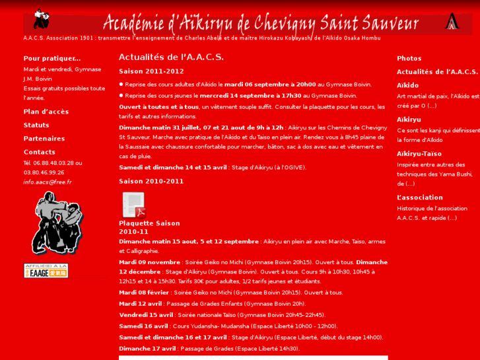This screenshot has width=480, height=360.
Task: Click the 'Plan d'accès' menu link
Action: click(46, 112)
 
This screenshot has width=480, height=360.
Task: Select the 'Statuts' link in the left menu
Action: click(36, 125)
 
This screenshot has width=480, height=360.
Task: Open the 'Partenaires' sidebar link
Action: click(44, 139)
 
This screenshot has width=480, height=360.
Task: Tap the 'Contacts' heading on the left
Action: click(40, 152)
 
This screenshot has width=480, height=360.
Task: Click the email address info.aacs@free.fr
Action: click(48, 182)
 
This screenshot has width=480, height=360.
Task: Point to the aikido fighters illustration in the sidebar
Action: click(57, 223)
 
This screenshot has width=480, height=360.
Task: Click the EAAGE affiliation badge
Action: click(46, 270)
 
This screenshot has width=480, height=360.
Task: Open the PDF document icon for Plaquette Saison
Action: click(133, 205)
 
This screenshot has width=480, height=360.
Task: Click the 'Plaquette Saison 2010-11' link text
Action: click(149, 227)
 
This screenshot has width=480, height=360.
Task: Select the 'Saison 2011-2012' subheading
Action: click(151, 71)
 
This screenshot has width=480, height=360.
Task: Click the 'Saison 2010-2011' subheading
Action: click(151, 181)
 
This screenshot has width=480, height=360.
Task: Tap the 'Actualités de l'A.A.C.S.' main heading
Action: click(171, 57)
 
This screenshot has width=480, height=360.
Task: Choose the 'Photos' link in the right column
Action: click(409, 58)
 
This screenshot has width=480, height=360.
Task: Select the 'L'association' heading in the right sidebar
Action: click(420, 198)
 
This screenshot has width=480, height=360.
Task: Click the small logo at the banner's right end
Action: click(452, 22)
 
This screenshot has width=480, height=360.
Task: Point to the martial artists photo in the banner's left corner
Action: click(41, 19)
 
